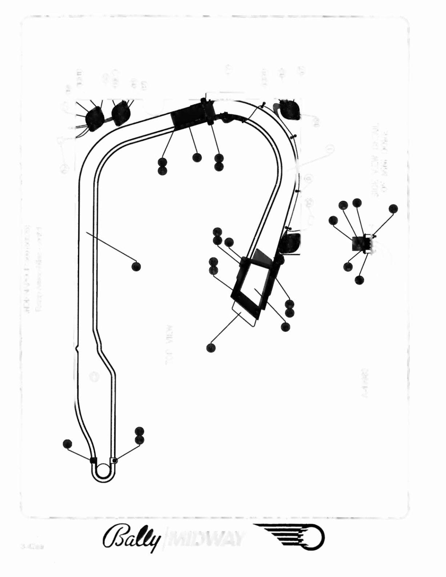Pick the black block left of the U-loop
coord(93,461)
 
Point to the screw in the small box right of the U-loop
coord(115,461)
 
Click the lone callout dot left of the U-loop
coord(68,444)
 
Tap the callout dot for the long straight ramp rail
coord(136,267)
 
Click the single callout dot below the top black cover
coord(197,158)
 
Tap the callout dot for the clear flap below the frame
coord(210,348)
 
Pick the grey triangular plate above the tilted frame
coord(261,258)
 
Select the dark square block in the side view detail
coord(359,243)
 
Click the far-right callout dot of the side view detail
coord(393,208)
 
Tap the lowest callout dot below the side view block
coord(359,280)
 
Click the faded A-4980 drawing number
coord(365,383)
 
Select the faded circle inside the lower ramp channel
coord(94,376)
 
